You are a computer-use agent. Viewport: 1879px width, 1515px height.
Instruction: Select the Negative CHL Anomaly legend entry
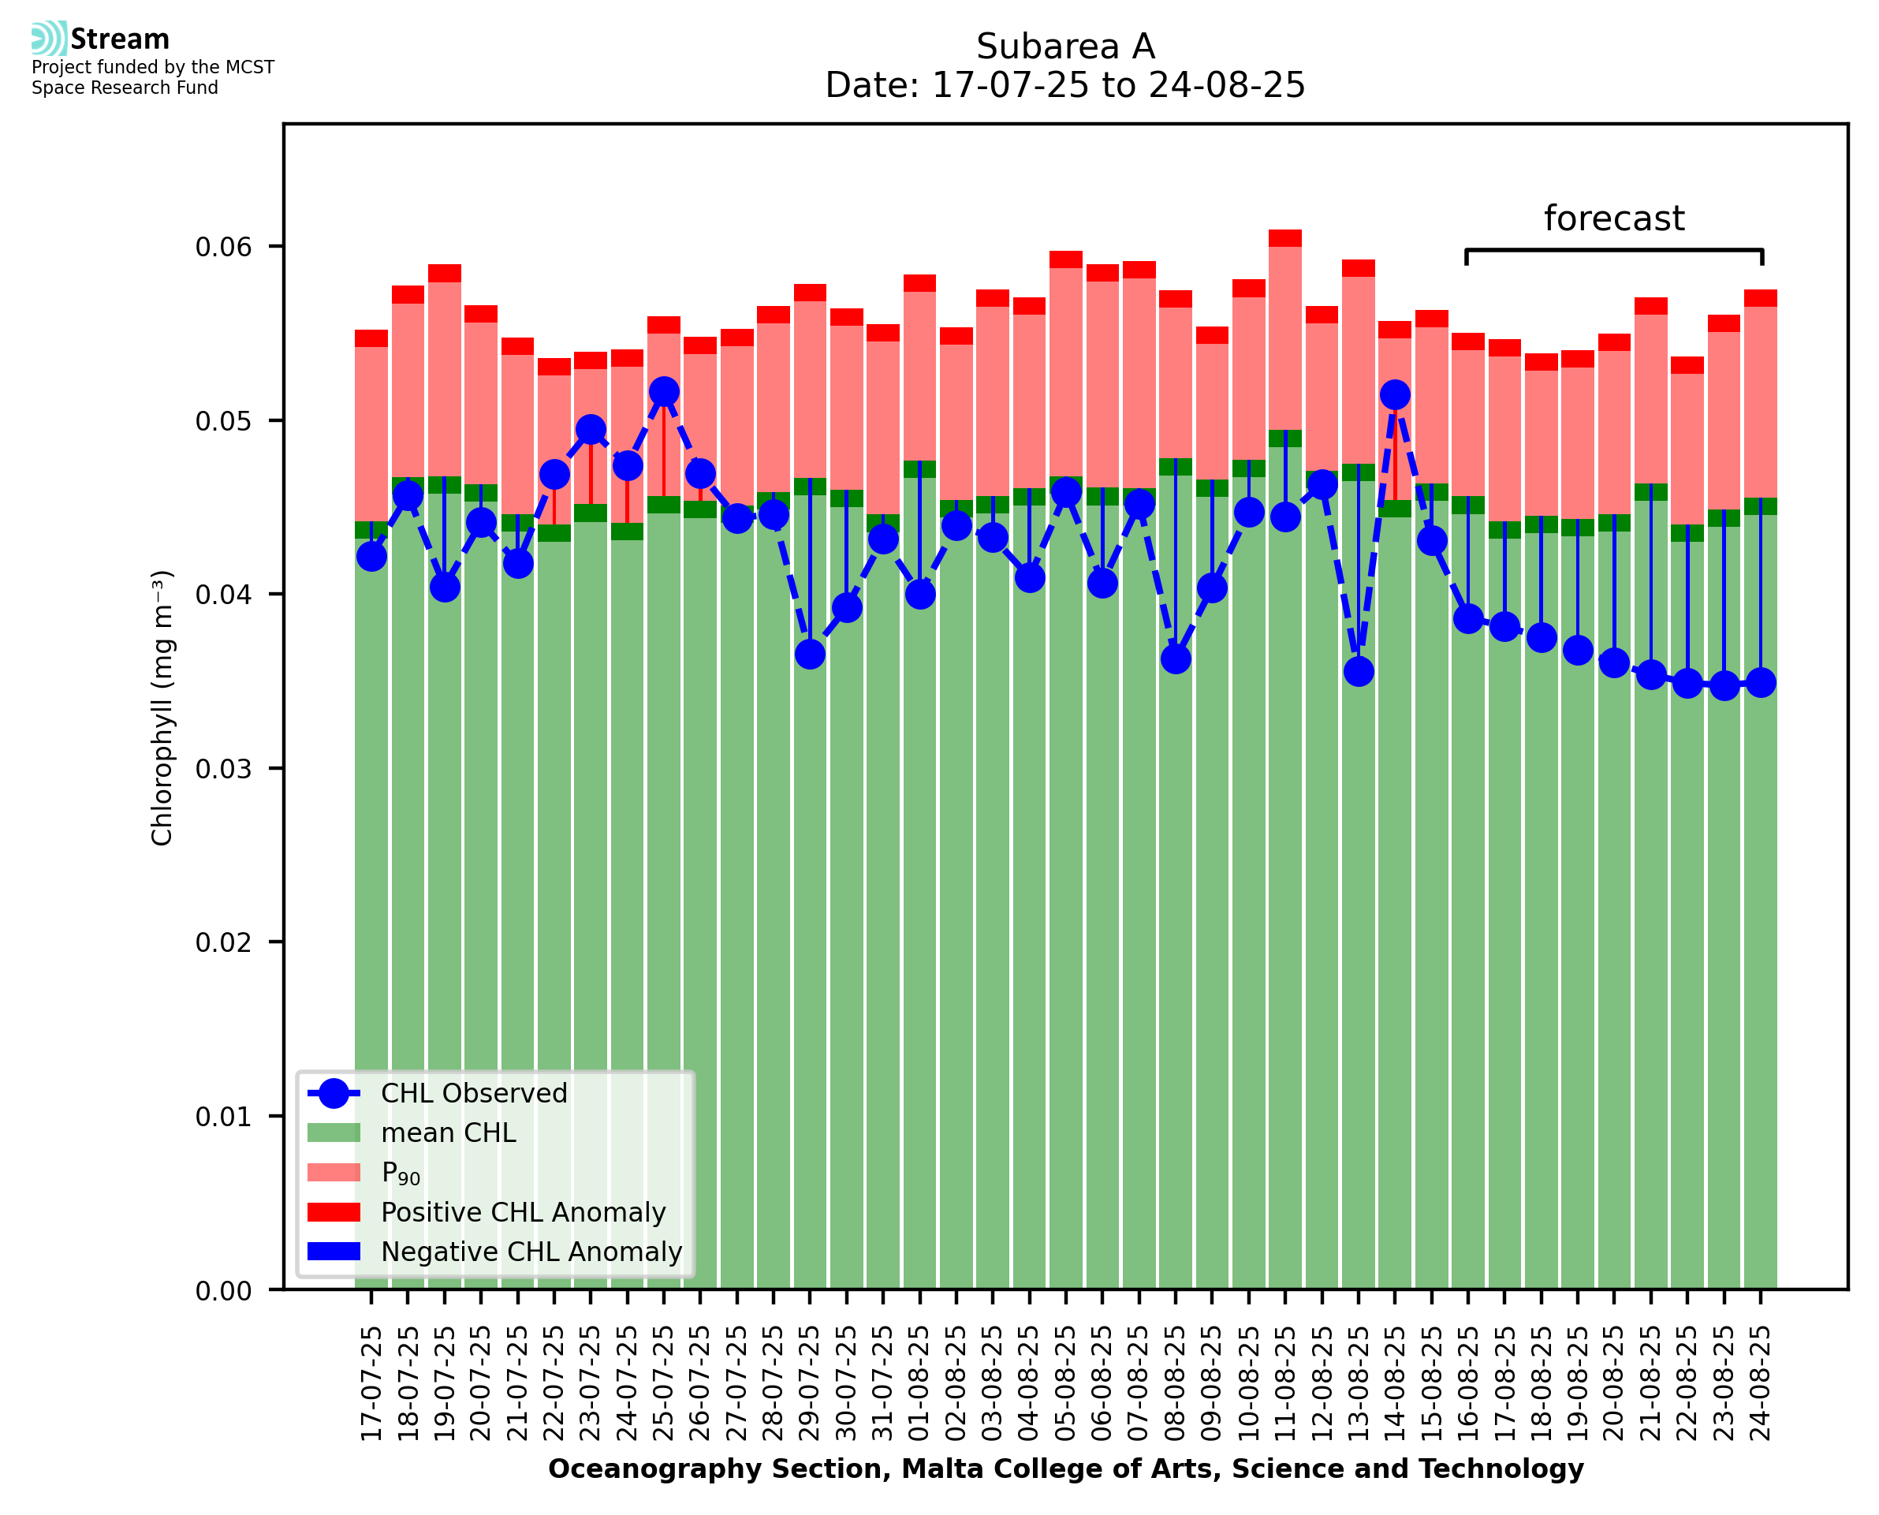(x=531, y=1252)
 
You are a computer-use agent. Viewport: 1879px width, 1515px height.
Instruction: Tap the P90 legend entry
(x=401, y=1173)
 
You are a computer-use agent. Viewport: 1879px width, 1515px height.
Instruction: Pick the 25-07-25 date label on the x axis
(x=664, y=1383)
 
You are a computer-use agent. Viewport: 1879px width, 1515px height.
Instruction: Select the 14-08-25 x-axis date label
(x=1395, y=1383)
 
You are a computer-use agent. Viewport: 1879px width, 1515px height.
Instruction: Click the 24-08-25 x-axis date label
(x=1761, y=1383)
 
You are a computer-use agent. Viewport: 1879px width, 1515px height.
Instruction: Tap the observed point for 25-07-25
(x=664, y=392)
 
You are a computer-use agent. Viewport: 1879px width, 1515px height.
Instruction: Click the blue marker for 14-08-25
(x=1395, y=395)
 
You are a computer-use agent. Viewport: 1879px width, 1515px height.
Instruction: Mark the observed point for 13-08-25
(x=1359, y=671)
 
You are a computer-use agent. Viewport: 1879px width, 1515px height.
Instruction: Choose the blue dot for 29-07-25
(x=810, y=654)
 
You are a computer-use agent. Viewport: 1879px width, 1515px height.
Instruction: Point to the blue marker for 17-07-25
(x=371, y=556)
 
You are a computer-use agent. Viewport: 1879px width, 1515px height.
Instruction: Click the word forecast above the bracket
(x=1614, y=218)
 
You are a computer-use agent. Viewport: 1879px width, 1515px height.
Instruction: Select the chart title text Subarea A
(x=1065, y=47)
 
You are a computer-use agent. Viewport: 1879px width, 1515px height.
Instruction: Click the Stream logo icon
(x=49, y=38)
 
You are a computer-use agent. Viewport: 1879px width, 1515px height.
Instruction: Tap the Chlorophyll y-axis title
(x=162, y=707)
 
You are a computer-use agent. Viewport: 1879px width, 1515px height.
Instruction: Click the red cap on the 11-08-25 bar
(x=1285, y=238)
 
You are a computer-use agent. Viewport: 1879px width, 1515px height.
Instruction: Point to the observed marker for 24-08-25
(x=1761, y=681)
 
